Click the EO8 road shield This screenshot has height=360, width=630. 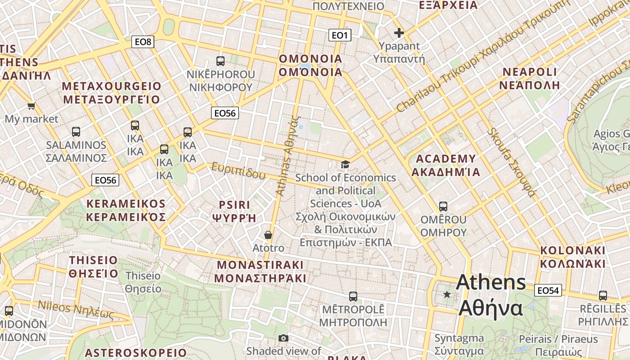(x=144, y=42)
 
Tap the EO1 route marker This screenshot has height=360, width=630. (x=339, y=35)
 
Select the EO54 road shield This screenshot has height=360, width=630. (x=548, y=291)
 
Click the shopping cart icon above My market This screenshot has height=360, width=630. (x=31, y=106)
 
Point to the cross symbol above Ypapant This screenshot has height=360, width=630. (x=399, y=33)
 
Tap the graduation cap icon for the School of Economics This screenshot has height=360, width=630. (x=345, y=165)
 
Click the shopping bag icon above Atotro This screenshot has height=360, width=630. (x=268, y=235)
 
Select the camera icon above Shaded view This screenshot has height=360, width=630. (x=283, y=338)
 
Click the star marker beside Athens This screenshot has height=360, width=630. (x=447, y=295)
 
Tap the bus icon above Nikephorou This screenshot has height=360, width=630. (x=220, y=61)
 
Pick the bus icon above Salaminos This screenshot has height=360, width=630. (x=76, y=132)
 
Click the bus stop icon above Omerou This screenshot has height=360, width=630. (x=443, y=207)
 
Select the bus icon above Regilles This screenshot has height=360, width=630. (x=603, y=296)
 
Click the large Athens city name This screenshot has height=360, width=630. (x=490, y=295)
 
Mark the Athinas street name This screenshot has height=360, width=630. (x=288, y=155)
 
